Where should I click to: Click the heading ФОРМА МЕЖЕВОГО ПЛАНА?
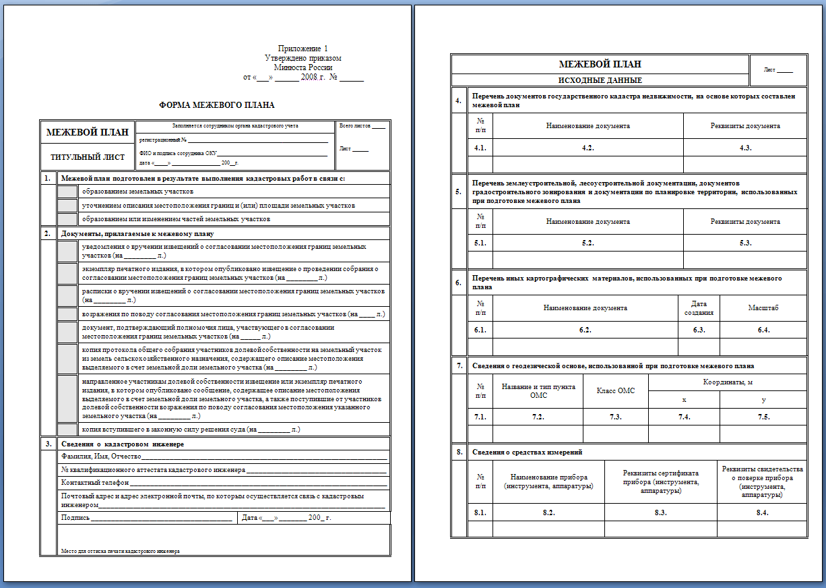(x=216, y=105)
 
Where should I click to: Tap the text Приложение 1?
(x=303, y=49)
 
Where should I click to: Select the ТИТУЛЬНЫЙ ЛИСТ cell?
(x=88, y=157)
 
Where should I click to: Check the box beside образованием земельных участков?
(x=67, y=192)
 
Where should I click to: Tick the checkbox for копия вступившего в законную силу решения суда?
(x=67, y=429)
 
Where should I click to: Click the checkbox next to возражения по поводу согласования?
(x=67, y=314)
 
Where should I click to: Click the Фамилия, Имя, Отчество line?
(x=224, y=457)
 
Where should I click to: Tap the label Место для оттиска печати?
(x=121, y=551)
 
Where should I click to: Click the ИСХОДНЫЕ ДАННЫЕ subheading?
(x=600, y=80)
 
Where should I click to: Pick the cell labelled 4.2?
(x=587, y=148)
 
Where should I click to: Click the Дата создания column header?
(x=699, y=308)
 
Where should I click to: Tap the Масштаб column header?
(x=763, y=308)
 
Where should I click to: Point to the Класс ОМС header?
(x=616, y=391)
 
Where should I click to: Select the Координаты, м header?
(x=727, y=382)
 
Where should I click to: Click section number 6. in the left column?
(x=458, y=283)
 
